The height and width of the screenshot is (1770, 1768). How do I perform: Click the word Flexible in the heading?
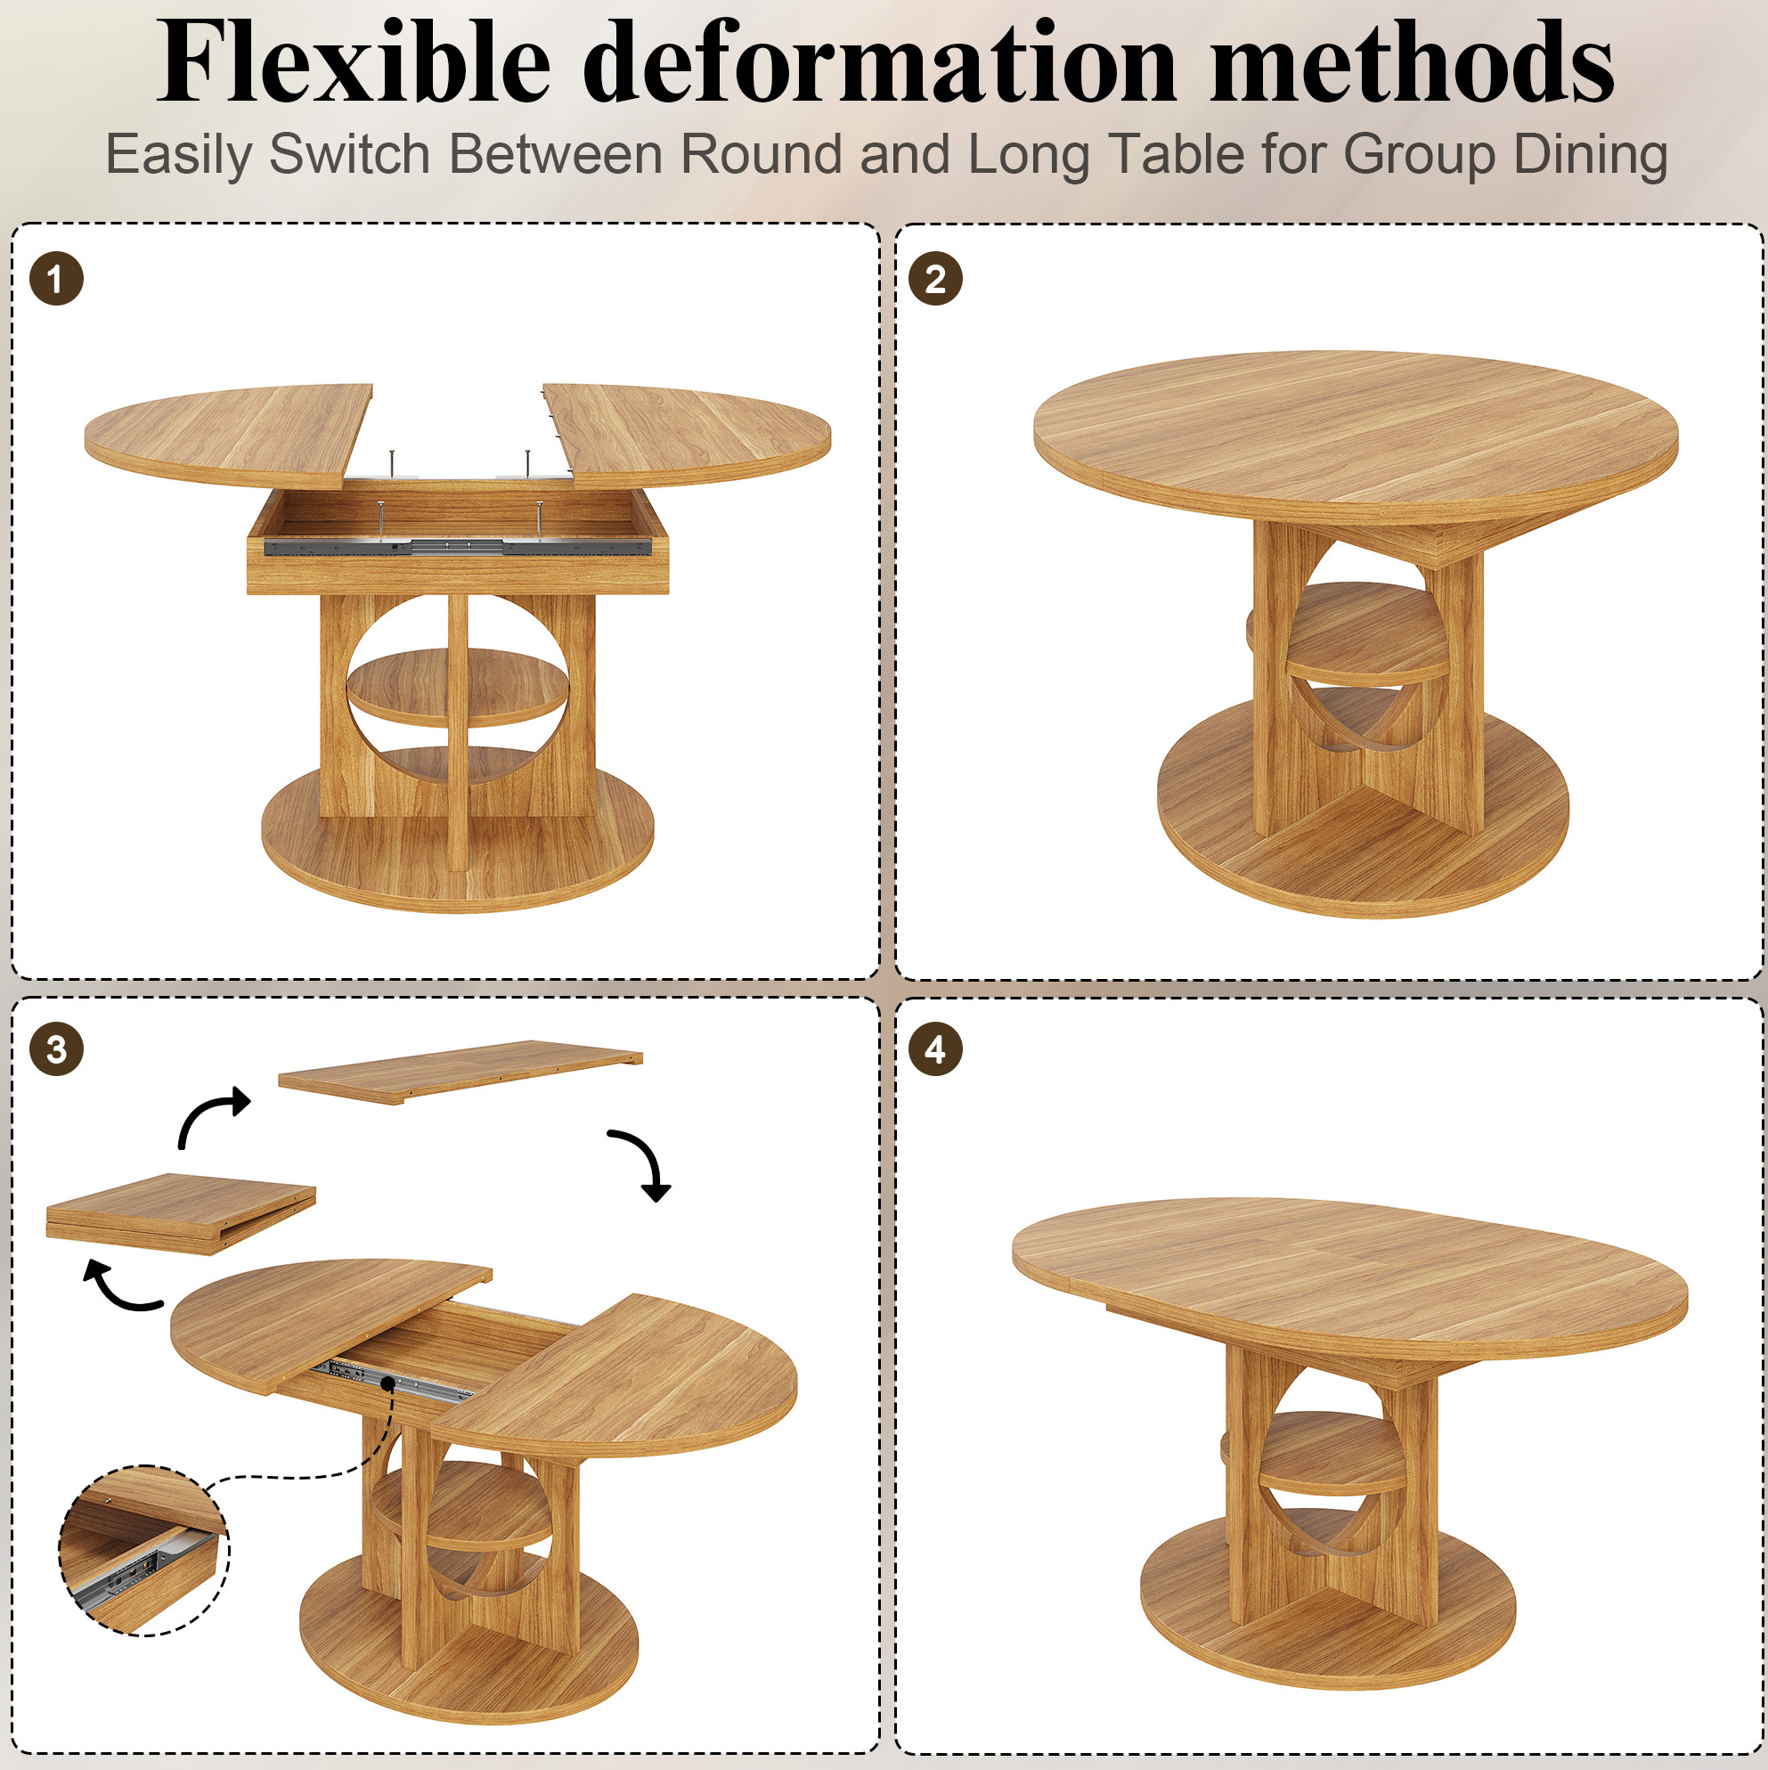[354, 62]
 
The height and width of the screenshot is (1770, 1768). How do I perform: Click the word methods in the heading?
[1412, 62]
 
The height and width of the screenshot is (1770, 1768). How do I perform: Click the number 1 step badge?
[56, 279]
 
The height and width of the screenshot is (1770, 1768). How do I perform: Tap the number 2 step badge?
[935, 279]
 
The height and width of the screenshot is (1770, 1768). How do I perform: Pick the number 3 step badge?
[56, 1049]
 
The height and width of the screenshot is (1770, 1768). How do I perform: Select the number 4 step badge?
[935, 1049]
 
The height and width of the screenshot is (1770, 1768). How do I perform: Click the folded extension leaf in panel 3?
[181, 1211]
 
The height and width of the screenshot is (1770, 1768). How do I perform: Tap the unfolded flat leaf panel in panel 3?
[460, 1071]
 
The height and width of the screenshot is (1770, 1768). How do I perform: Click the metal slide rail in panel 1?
[457, 547]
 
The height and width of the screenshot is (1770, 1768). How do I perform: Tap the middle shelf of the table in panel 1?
[457, 687]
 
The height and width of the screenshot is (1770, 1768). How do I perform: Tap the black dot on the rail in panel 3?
[388, 1383]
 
